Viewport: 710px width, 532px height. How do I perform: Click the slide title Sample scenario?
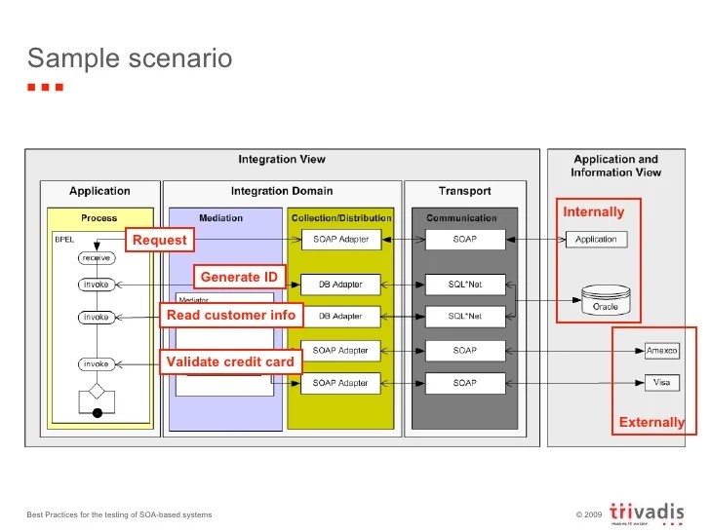130,58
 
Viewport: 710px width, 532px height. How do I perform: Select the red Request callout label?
159,240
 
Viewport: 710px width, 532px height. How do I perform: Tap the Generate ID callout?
239,277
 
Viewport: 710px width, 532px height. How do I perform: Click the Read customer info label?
231,316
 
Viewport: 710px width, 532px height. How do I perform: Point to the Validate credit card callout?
231,362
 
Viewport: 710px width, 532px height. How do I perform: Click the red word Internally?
593,211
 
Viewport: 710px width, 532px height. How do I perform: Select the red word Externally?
651,422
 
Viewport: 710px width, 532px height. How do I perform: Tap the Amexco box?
662,351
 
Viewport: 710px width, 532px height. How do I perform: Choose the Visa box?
662,383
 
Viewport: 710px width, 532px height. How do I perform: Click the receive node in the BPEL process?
96,258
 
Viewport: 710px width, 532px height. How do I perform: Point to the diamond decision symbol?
97,392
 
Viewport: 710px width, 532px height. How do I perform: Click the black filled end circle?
97,414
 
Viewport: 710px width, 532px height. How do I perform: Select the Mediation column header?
220,218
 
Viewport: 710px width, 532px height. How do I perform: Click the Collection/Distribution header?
340,218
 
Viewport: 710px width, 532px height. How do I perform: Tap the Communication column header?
461,218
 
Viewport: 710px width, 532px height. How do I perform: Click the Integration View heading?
282,160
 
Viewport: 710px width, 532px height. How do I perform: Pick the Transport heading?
464,191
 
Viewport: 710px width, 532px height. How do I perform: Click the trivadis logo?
645,513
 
